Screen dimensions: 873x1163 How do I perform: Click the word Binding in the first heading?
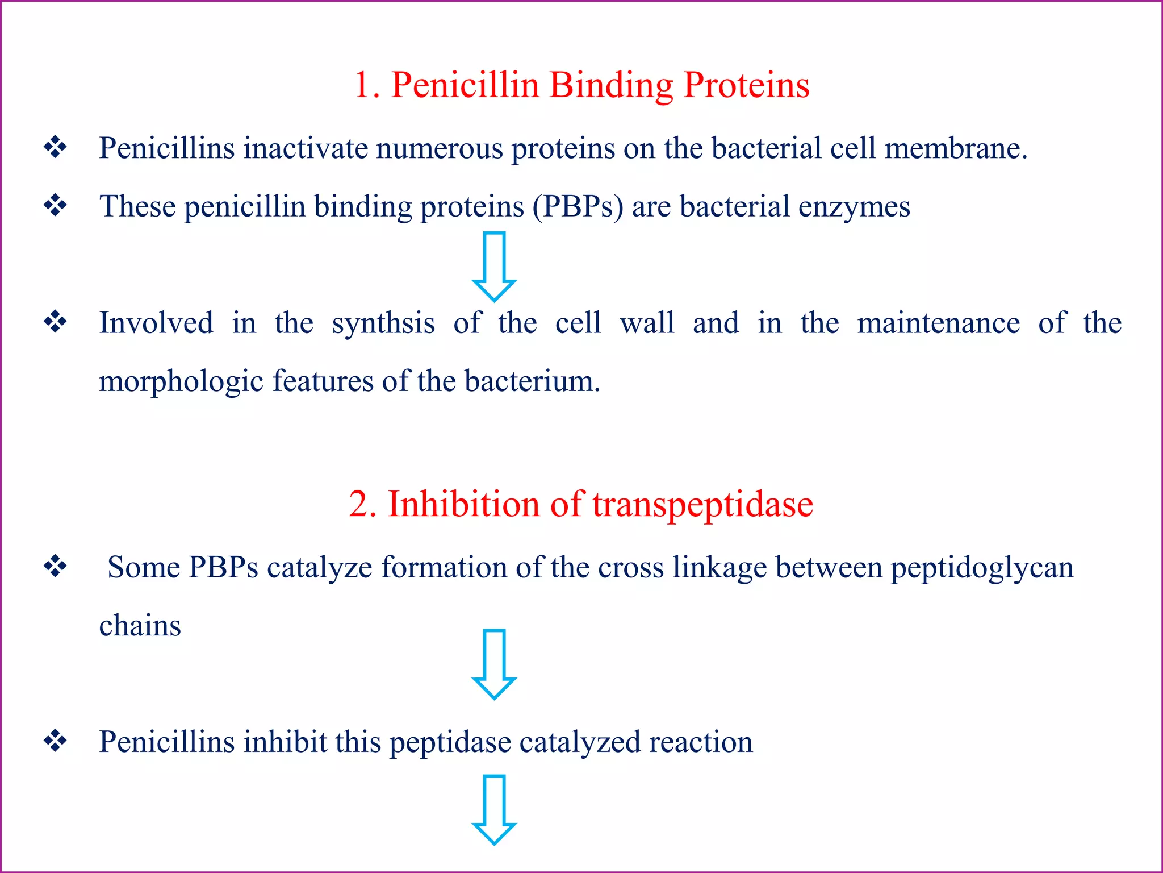point(611,86)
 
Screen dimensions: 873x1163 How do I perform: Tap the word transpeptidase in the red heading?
point(702,504)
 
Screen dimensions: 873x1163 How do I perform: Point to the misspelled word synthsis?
point(383,323)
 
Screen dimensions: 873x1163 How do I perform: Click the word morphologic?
point(181,381)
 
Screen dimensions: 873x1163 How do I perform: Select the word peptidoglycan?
point(982,568)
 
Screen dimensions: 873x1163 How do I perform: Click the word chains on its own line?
point(140,626)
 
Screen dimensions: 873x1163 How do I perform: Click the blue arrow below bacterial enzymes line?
point(494,266)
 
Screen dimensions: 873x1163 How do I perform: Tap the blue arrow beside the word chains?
point(494,664)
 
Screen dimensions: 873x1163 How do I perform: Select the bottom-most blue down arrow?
point(494,809)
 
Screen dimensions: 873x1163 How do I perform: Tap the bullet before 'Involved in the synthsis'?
point(56,322)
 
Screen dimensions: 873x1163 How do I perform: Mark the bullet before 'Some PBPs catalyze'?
point(56,566)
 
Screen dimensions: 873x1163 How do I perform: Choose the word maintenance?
point(938,323)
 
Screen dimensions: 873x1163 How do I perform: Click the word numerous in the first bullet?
point(439,148)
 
